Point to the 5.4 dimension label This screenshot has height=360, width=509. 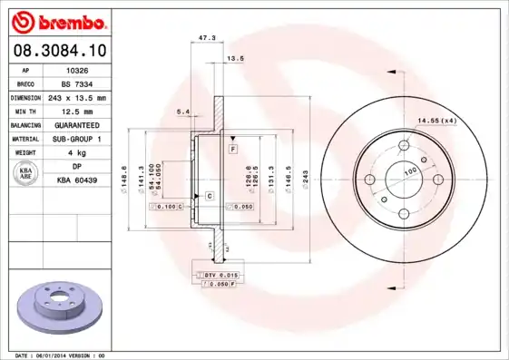click(181, 112)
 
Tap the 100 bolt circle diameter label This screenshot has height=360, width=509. click(410, 170)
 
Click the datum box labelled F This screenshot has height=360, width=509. click(233, 148)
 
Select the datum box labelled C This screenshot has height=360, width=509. click(209, 196)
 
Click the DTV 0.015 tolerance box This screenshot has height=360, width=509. click(219, 275)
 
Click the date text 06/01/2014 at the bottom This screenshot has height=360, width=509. click(56, 355)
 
